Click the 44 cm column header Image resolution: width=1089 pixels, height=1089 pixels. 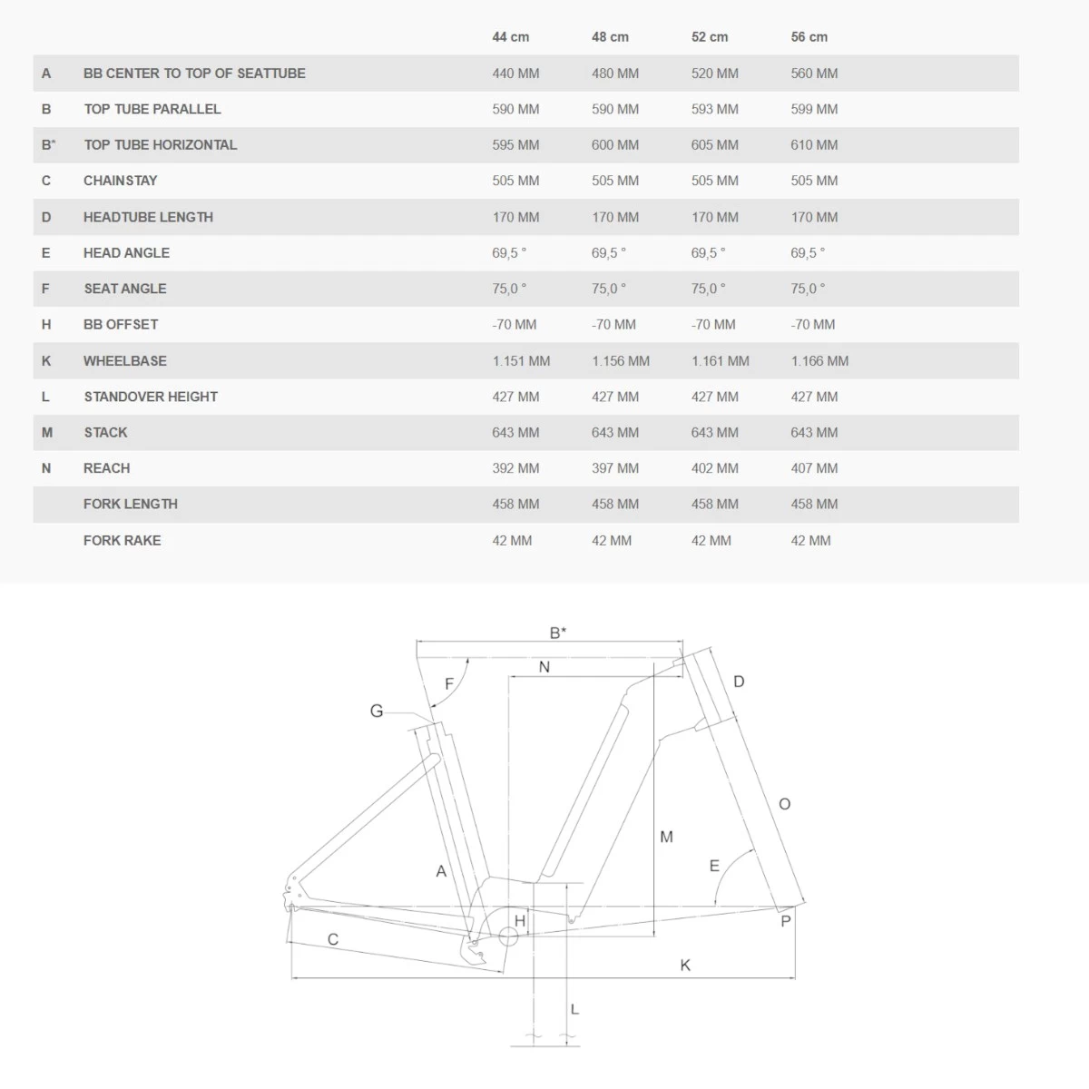point(510,37)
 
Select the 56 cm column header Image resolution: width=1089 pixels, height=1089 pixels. point(809,37)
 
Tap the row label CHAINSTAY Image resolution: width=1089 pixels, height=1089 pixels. point(120,181)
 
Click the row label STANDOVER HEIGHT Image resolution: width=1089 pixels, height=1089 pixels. point(151,397)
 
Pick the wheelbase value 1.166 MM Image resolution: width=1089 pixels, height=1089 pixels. point(819,361)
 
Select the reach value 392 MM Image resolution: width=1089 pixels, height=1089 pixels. point(515,468)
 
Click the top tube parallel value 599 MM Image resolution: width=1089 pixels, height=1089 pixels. point(814,109)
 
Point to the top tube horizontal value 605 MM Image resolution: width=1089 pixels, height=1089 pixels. point(714,145)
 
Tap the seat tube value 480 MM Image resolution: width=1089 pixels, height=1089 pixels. point(615,74)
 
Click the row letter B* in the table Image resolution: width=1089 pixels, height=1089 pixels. point(48,145)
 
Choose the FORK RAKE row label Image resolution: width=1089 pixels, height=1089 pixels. point(122,540)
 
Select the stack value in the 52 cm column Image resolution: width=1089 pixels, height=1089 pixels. point(714,433)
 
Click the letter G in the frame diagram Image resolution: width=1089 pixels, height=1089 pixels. point(377,711)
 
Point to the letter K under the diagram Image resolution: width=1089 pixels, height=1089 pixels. point(685,966)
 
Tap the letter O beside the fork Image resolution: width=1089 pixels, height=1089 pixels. point(785,804)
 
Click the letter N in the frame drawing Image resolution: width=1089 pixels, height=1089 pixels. point(544,667)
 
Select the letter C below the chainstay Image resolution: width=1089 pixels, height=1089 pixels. point(333,940)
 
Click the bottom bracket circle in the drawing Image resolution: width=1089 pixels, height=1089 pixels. point(507,937)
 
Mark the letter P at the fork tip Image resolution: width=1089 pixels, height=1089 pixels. point(786,921)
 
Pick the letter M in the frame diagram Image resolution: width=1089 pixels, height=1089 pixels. point(666,837)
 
